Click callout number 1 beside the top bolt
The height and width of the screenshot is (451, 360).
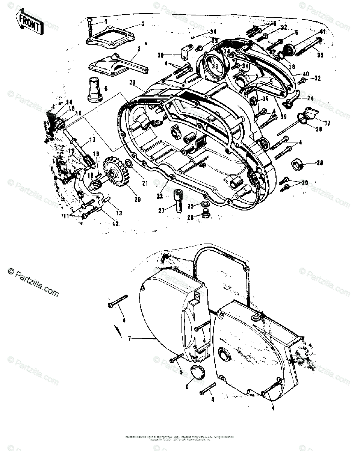(x=106, y=22)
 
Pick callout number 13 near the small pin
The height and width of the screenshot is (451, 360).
(x=119, y=213)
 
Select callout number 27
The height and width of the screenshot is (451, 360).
(x=161, y=211)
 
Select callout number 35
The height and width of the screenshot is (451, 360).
(x=320, y=55)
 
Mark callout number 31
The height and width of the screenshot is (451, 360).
(x=213, y=31)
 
